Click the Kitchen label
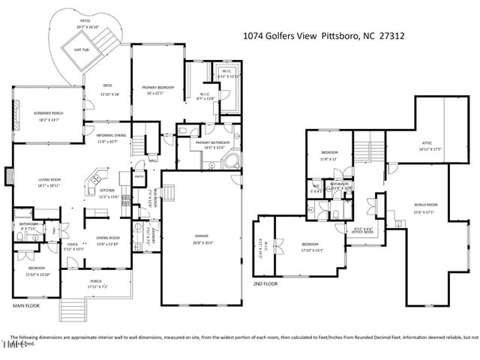pos(107,190)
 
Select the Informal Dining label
pos(110,136)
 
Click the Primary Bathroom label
pos(211,142)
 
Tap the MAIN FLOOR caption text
pos(26,306)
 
